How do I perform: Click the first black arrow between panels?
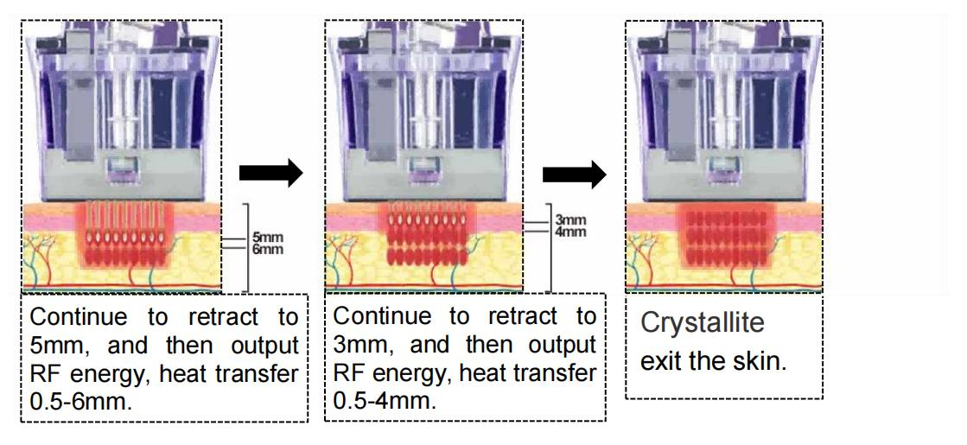coord(270,175)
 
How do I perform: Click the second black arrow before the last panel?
coord(574,175)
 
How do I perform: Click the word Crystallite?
coord(703,324)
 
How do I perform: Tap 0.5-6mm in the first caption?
coord(80,401)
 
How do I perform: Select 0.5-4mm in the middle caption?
coord(385,401)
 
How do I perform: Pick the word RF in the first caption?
coord(42,373)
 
